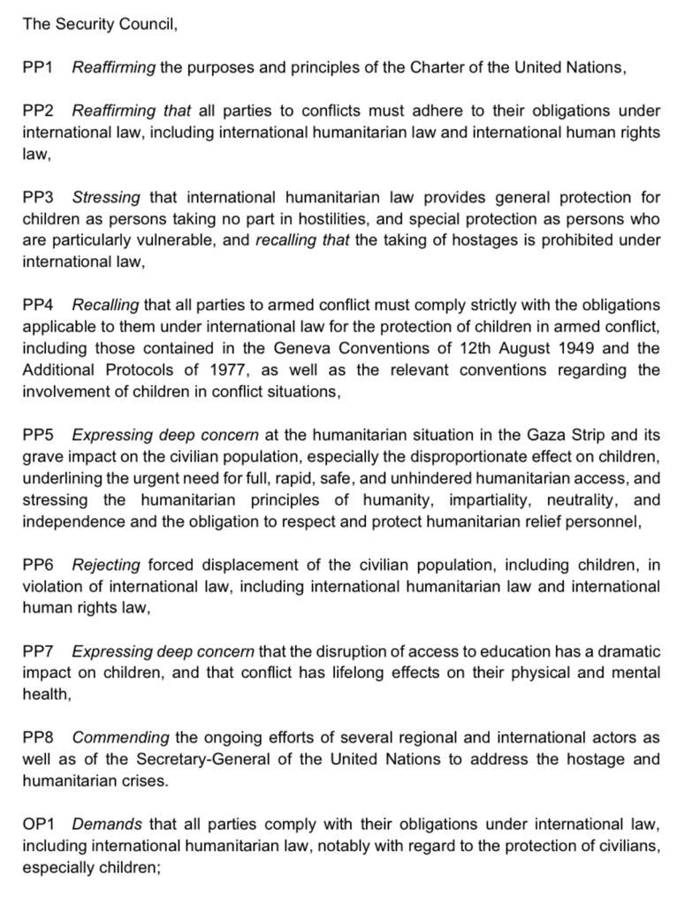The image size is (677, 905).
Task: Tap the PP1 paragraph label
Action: coord(38,68)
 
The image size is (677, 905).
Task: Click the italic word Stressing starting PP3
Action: coord(105,197)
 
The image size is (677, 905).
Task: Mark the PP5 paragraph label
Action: coord(38,435)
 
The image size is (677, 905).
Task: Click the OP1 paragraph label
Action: coord(39,824)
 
